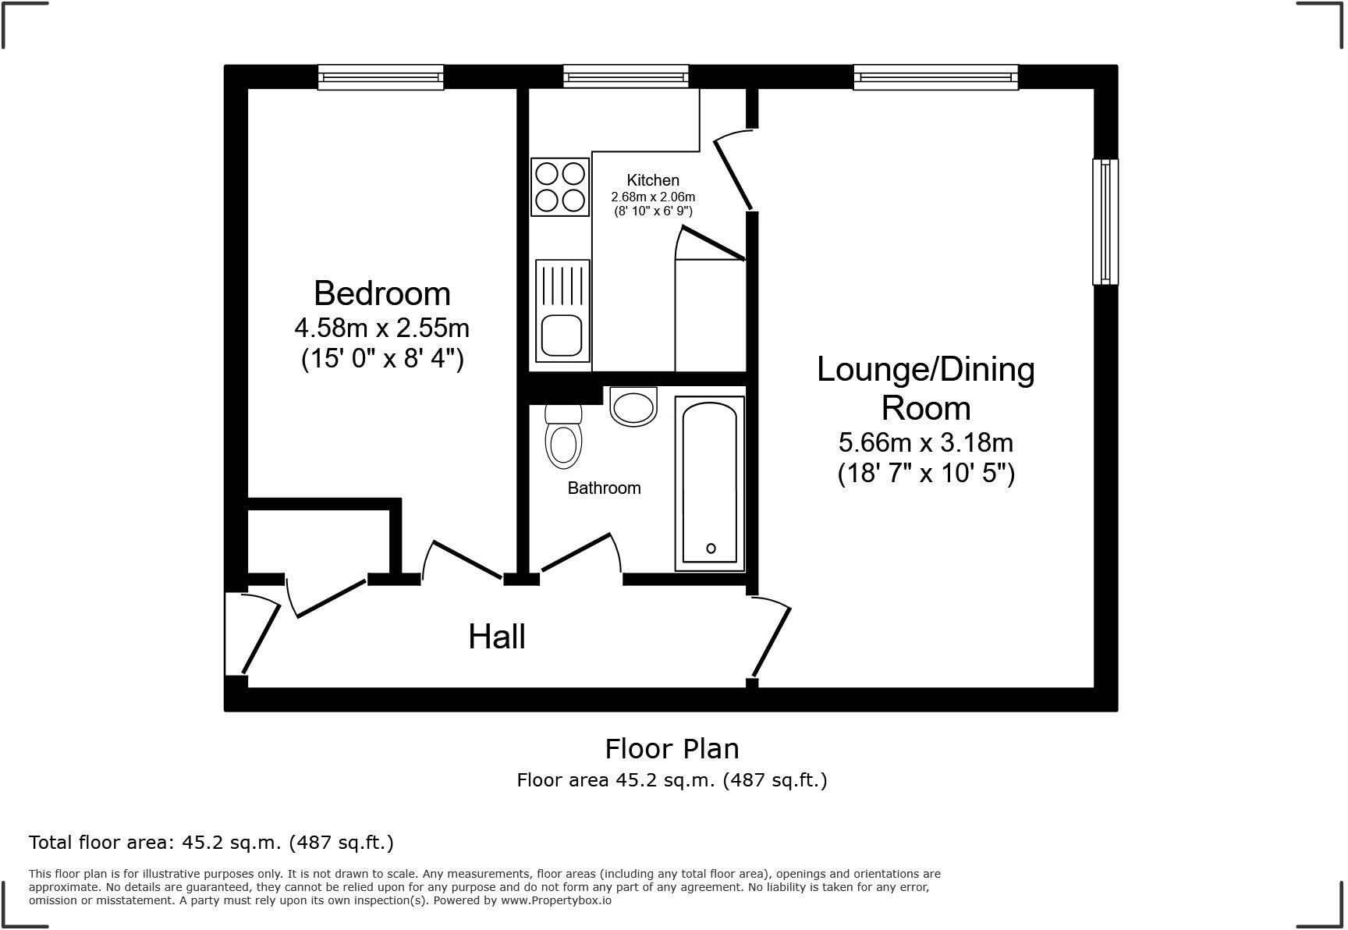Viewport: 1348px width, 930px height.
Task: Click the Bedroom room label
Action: tap(382, 294)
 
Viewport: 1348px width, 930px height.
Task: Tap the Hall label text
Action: tap(497, 637)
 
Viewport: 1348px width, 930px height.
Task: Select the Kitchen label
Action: tap(653, 180)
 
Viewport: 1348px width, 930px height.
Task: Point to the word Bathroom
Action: tap(604, 488)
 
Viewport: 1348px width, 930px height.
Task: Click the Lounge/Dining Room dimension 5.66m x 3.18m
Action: tap(926, 443)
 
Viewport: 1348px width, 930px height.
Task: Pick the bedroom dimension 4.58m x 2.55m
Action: tap(382, 328)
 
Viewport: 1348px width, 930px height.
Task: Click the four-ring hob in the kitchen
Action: tap(560, 187)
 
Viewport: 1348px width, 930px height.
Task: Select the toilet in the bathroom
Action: tap(563, 437)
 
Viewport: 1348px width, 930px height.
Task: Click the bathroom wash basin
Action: tap(633, 406)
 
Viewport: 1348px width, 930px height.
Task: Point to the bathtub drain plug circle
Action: tap(711, 548)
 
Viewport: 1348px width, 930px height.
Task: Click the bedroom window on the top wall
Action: tap(381, 77)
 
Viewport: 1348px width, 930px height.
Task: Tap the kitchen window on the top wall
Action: tap(626, 76)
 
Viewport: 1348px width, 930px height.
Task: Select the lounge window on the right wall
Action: tap(1105, 222)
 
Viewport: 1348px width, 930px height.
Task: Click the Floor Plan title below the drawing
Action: tap(672, 749)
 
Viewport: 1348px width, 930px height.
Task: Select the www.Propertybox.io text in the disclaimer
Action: tap(555, 900)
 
